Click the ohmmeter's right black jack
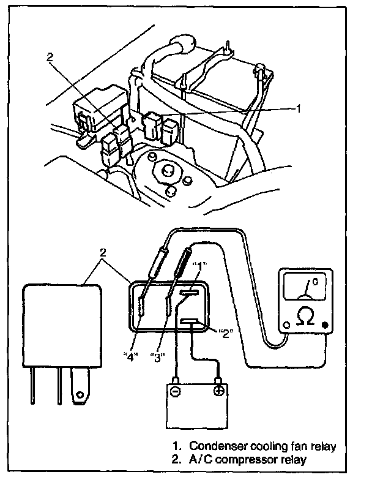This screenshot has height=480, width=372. pyautogui.click(x=325, y=326)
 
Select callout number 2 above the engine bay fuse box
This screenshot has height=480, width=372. pyautogui.click(x=50, y=59)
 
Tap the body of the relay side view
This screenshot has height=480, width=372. pyautogui.click(x=59, y=324)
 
